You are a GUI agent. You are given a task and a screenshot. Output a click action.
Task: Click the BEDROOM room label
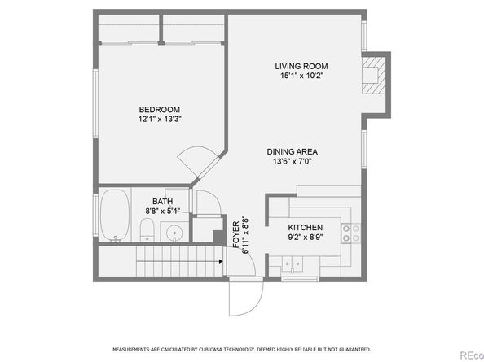click(159, 110)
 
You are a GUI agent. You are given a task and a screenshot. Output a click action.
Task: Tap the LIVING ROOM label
click(301, 66)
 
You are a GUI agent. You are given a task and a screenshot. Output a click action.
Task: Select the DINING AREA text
click(292, 151)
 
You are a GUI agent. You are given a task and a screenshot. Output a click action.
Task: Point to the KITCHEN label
click(306, 227)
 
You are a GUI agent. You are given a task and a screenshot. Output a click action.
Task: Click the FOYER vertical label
click(235, 234)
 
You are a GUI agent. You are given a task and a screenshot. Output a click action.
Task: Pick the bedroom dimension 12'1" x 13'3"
click(160, 119)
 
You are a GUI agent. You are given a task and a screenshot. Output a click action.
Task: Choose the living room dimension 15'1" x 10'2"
click(301, 76)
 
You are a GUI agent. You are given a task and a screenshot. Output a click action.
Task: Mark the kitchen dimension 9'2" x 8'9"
click(306, 237)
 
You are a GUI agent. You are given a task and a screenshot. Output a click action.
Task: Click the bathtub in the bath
click(115, 216)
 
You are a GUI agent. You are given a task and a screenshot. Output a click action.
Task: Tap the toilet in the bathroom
click(147, 230)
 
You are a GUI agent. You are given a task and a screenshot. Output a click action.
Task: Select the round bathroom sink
click(174, 233)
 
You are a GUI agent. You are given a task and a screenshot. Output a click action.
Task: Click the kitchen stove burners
click(351, 233)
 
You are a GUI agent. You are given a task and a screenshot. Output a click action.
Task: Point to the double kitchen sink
click(292, 264)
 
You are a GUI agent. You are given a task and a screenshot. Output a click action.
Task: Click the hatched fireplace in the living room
click(374, 76)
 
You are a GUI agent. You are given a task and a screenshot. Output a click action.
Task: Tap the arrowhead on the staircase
click(221, 261)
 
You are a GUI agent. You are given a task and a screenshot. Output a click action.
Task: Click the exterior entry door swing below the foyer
click(246, 298)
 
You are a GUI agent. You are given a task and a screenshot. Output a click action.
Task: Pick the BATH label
click(163, 202)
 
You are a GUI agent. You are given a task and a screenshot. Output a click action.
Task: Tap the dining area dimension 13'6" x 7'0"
click(293, 161)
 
